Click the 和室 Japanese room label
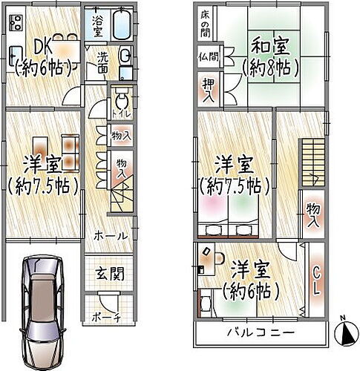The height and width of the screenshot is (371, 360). tap(270, 47)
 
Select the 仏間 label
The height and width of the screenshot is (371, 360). tap(208, 56)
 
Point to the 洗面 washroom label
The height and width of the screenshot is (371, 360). tap(106, 62)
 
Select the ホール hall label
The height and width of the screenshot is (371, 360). tap(110, 235)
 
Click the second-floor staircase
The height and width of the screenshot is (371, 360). tap(312, 160)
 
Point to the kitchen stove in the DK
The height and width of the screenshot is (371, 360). tap(15, 24)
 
